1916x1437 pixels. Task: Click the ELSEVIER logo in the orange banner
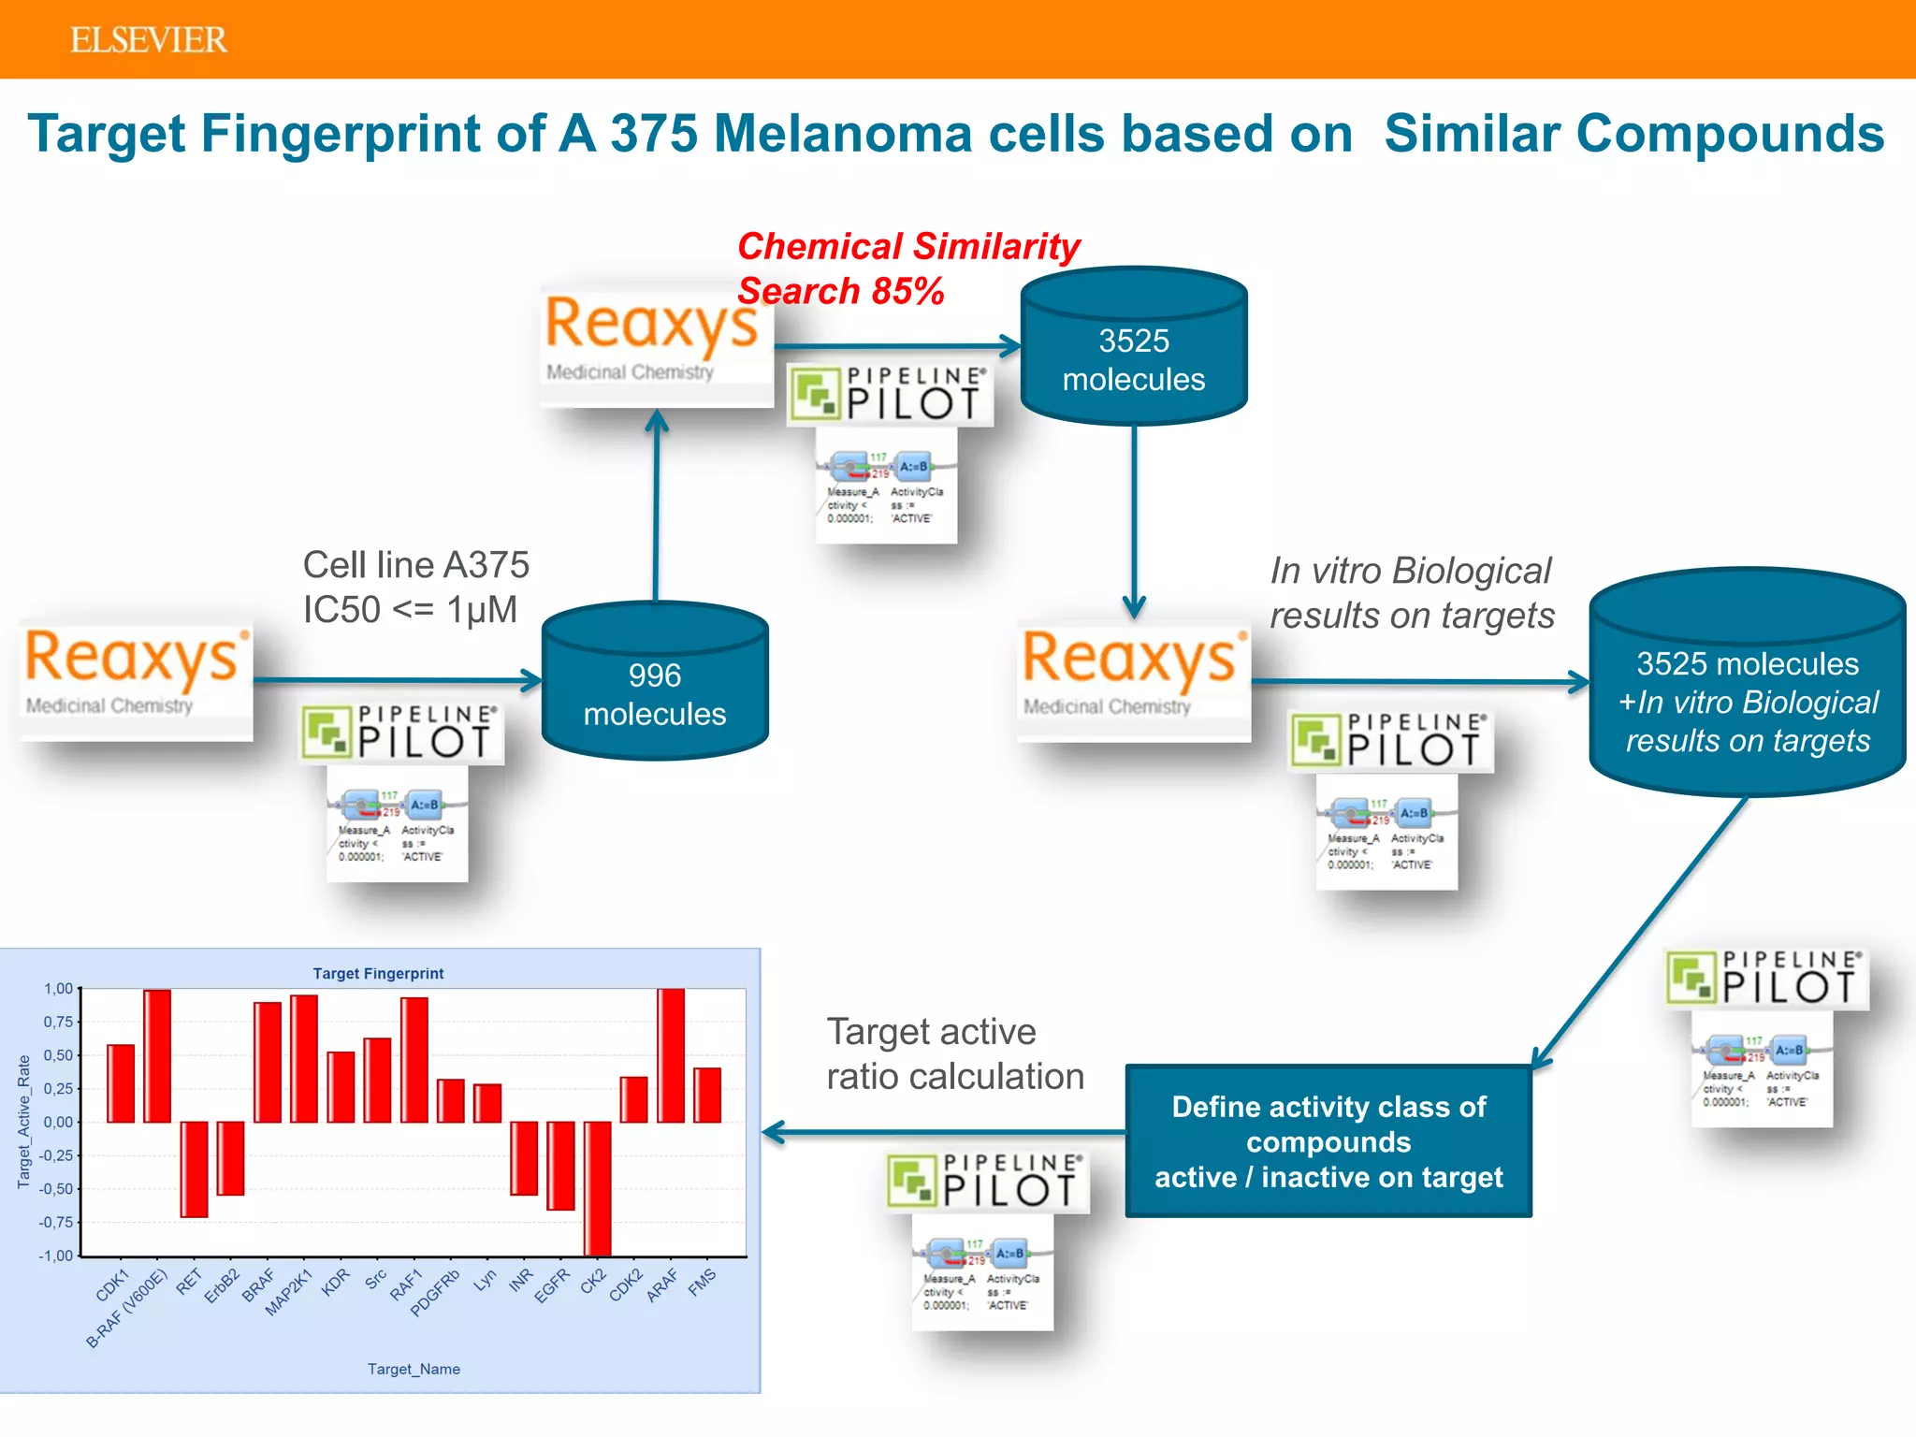pos(148,40)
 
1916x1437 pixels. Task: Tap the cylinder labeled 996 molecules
pos(655,693)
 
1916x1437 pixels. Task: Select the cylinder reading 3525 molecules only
pos(1133,359)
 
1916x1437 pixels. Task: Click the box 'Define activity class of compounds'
pos(1328,1140)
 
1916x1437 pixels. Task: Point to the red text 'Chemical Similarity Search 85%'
pos(907,269)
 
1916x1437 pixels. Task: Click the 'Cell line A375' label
pos(415,565)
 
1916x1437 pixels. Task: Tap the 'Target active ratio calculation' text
pos(954,1054)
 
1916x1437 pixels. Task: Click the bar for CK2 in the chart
pos(597,1188)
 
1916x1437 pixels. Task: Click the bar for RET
pos(194,1169)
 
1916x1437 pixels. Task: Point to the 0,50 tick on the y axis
pos(58,1055)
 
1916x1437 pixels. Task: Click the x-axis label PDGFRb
pos(436,1292)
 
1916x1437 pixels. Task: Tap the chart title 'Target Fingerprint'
pos(378,973)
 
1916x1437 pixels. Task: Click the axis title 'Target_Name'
pos(414,1369)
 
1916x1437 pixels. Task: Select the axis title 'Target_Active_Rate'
pos(24,1122)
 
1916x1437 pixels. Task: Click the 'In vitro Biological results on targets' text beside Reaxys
pos(1411,592)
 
